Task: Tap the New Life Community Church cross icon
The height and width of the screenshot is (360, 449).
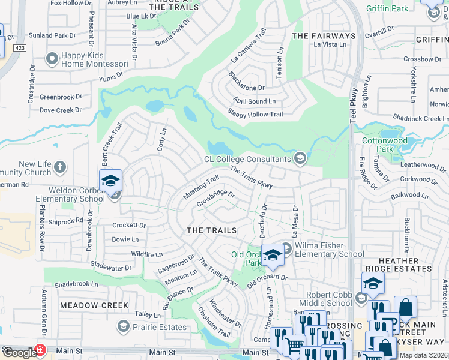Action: (59, 166)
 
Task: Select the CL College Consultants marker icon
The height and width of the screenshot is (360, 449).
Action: (300, 159)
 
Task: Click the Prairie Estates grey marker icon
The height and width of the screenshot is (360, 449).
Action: (124, 326)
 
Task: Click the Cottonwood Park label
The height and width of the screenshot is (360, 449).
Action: (385, 144)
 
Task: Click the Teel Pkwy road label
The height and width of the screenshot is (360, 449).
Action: (354, 106)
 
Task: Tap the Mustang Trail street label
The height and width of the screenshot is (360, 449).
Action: (200, 187)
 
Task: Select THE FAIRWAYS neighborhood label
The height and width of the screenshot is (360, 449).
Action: (324, 36)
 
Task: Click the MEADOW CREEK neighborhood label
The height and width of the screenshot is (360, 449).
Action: (94, 305)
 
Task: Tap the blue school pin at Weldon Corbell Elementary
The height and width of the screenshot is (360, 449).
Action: (111, 181)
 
